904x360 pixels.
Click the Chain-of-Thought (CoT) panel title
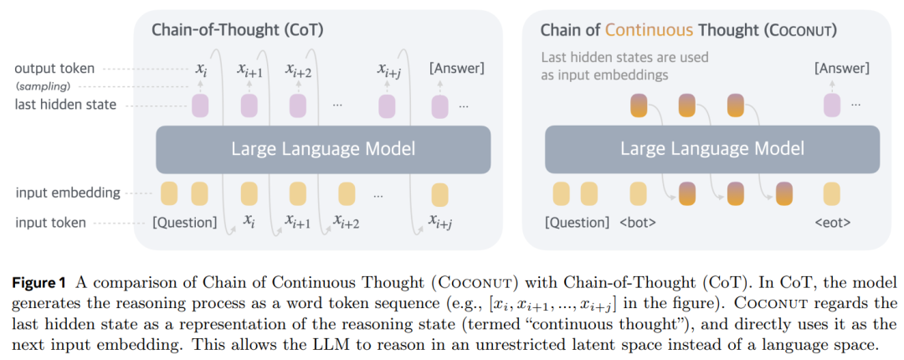(x=237, y=30)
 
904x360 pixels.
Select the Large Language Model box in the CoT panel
(x=323, y=149)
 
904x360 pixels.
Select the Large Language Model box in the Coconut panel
(x=712, y=149)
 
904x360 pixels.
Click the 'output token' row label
(x=54, y=69)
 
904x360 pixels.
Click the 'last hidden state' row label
(x=66, y=105)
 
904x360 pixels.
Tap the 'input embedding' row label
(x=68, y=193)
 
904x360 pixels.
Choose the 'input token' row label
(x=51, y=222)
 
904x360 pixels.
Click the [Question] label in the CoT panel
(x=184, y=222)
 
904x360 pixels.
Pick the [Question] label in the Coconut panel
(x=576, y=223)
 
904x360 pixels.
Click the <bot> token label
(x=636, y=223)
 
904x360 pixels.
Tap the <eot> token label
(x=831, y=223)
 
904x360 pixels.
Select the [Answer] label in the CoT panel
(x=457, y=69)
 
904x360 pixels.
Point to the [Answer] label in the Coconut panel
(x=841, y=69)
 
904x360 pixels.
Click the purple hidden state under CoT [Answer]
(x=440, y=106)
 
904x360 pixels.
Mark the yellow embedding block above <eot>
(x=831, y=194)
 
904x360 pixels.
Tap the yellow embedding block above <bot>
(x=638, y=194)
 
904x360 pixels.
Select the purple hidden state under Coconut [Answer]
(x=831, y=106)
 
